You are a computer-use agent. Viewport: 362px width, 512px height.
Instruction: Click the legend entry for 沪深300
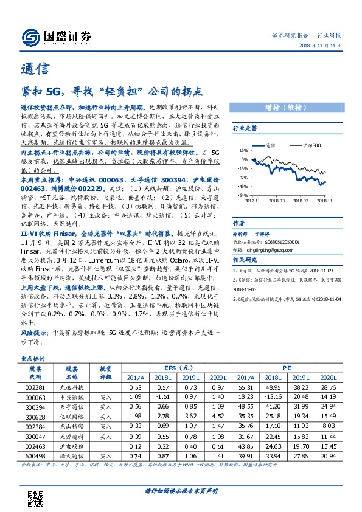[295, 146]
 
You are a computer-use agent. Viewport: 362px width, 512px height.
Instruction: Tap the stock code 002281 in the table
[35, 387]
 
